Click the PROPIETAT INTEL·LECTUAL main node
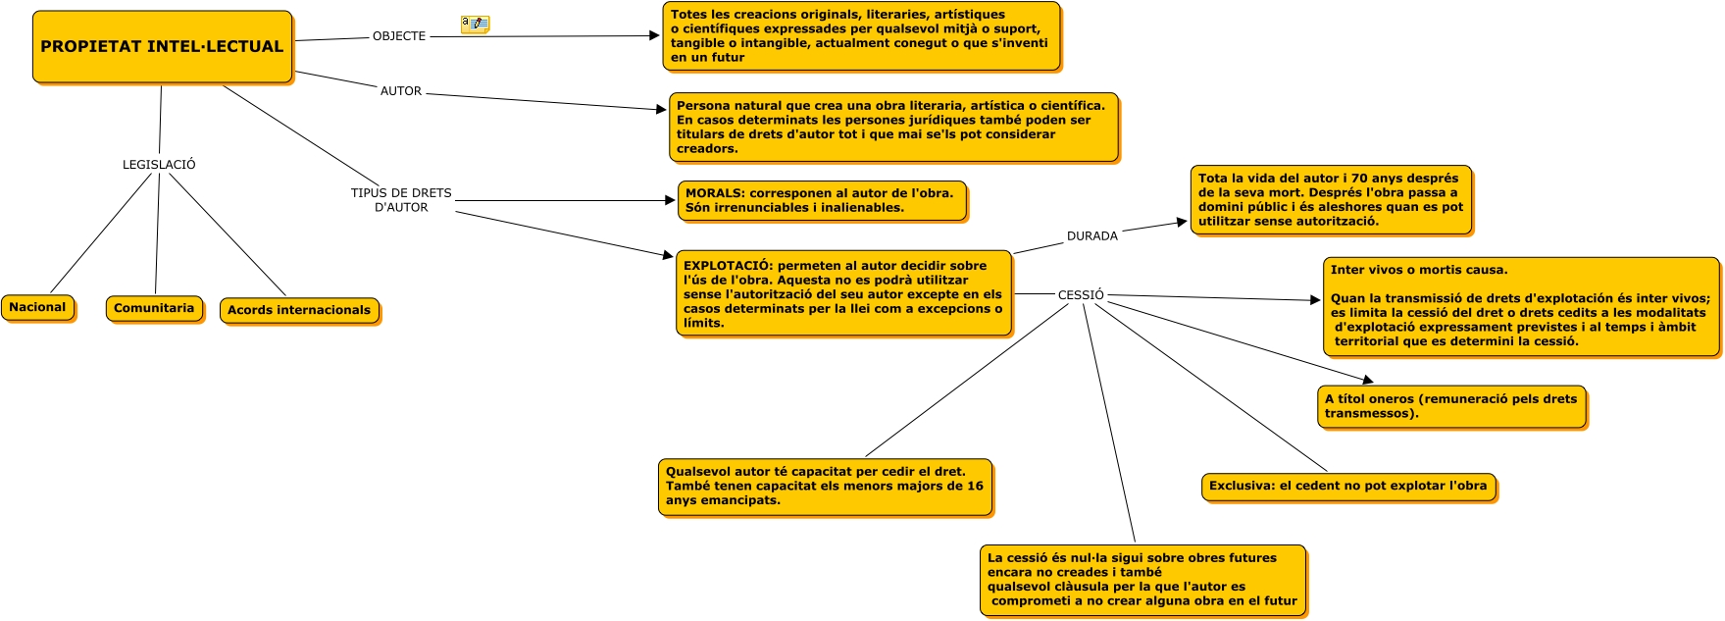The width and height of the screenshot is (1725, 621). [x=162, y=47]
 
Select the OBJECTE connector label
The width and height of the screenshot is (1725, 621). [x=399, y=36]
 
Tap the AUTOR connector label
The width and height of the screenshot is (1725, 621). [x=401, y=91]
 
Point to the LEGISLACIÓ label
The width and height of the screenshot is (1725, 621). [x=159, y=165]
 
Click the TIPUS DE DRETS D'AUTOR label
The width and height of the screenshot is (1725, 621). [x=401, y=200]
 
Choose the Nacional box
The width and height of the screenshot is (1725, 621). [x=38, y=308]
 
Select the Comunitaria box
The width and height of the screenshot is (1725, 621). [x=154, y=309]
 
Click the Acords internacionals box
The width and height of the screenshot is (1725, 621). [x=299, y=311]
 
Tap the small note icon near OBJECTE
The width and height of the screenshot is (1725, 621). [x=475, y=24]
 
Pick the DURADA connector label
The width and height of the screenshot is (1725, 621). [x=1092, y=236]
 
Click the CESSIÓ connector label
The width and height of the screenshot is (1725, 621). [x=1081, y=295]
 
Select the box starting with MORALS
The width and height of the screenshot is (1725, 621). [x=822, y=201]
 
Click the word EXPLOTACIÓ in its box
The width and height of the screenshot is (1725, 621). [x=727, y=266]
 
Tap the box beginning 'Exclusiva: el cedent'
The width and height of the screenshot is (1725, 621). [x=1348, y=487]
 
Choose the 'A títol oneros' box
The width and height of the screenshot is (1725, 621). [x=1451, y=407]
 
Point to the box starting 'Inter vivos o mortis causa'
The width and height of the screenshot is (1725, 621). [x=1520, y=306]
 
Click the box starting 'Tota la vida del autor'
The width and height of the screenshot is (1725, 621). [x=1331, y=200]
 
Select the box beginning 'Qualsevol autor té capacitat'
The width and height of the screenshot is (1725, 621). [x=825, y=487]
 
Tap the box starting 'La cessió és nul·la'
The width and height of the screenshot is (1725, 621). [x=1142, y=580]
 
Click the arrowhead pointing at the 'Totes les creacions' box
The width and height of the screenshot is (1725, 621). [x=654, y=36]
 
